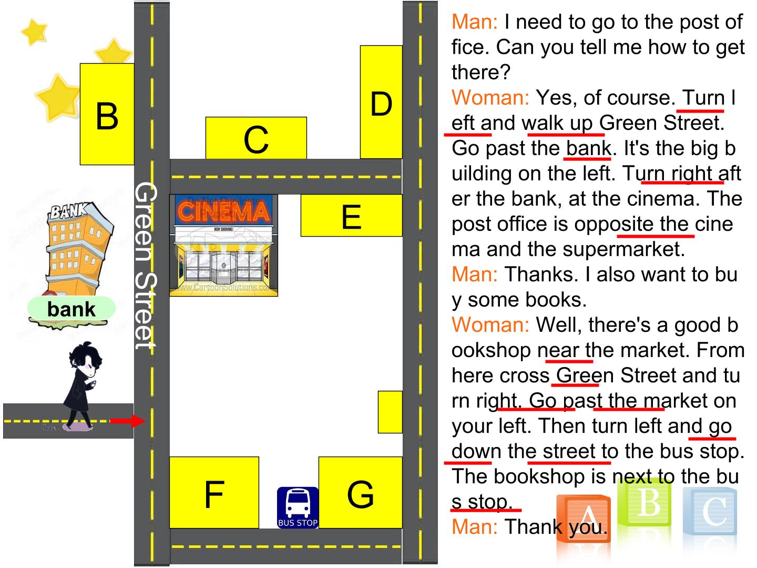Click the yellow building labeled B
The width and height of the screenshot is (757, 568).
107,114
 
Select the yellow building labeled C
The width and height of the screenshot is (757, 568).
256,138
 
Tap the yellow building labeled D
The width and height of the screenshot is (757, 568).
381,102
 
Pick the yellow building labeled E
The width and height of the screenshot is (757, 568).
352,216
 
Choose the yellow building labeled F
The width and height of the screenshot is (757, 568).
214,492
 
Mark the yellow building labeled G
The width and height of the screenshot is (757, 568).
361,492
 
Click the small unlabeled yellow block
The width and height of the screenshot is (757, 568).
390,412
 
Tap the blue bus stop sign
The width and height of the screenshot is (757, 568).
298,508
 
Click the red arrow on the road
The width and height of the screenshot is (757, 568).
127,421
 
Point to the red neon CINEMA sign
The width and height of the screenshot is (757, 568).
223,211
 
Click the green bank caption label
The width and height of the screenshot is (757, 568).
71,309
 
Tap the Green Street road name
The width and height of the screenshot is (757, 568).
146,266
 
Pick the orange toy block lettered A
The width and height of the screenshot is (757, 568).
583,519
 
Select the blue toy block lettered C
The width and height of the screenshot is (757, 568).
710,511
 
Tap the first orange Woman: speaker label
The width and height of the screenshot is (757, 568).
490,98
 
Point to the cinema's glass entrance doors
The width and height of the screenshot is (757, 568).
223,266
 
